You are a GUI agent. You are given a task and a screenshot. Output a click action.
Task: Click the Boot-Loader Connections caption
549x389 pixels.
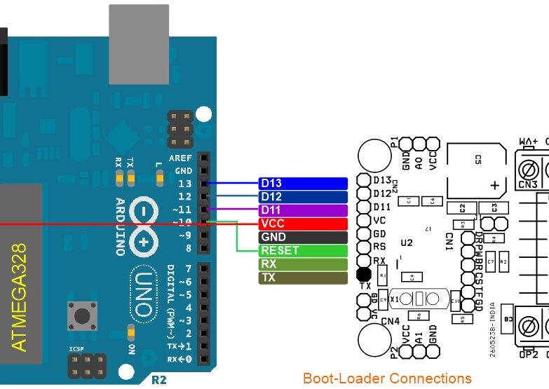[x=387, y=378]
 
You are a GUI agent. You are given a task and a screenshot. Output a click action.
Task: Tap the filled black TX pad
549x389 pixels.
[x=363, y=274]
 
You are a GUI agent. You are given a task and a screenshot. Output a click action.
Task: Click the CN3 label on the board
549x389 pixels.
[x=528, y=185]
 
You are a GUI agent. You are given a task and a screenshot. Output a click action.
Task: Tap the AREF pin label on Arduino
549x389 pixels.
[x=181, y=158]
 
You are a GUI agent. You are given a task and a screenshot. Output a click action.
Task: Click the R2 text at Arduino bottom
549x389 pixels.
[x=159, y=381]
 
